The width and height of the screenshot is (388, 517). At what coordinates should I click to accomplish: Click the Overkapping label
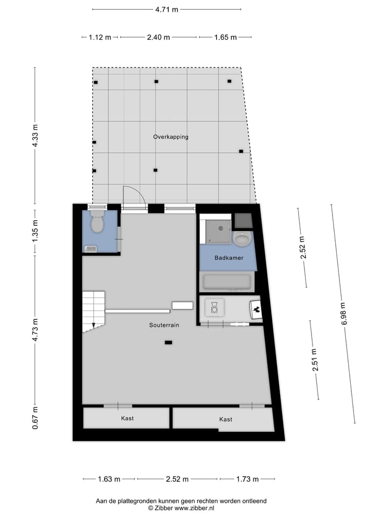tap(170, 137)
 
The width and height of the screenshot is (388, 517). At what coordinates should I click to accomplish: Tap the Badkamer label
tap(228, 258)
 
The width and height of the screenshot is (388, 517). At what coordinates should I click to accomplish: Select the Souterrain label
tap(164, 325)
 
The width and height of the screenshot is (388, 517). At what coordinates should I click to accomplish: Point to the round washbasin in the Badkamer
tap(242, 238)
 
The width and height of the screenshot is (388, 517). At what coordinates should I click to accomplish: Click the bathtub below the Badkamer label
tap(226, 282)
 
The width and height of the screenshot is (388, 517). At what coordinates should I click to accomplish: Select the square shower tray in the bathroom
tap(216, 229)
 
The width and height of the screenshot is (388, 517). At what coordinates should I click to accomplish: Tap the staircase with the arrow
tap(93, 311)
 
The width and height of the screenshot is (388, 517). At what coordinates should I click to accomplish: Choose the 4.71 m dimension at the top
tap(167, 9)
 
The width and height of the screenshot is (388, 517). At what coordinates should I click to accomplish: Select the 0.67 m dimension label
tap(35, 418)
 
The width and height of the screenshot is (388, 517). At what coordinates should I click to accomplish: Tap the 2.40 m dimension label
tap(158, 37)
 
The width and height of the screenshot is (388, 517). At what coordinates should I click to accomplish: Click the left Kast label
tap(127, 418)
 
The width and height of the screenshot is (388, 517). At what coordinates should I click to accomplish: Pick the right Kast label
tap(226, 419)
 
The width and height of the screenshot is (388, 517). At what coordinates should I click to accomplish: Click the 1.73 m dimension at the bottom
tap(247, 479)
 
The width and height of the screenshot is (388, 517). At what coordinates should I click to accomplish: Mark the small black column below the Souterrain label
tap(169, 342)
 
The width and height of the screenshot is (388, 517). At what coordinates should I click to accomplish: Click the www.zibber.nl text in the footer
tap(194, 508)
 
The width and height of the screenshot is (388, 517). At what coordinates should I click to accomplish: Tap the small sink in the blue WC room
tap(91, 248)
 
